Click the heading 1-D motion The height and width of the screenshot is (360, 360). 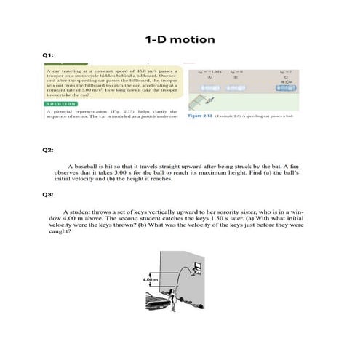(x=180, y=39)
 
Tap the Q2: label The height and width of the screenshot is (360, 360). (x=48, y=150)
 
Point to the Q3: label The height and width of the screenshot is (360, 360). (x=48, y=194)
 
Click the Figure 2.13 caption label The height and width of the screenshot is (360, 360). (x=199, y=116)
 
